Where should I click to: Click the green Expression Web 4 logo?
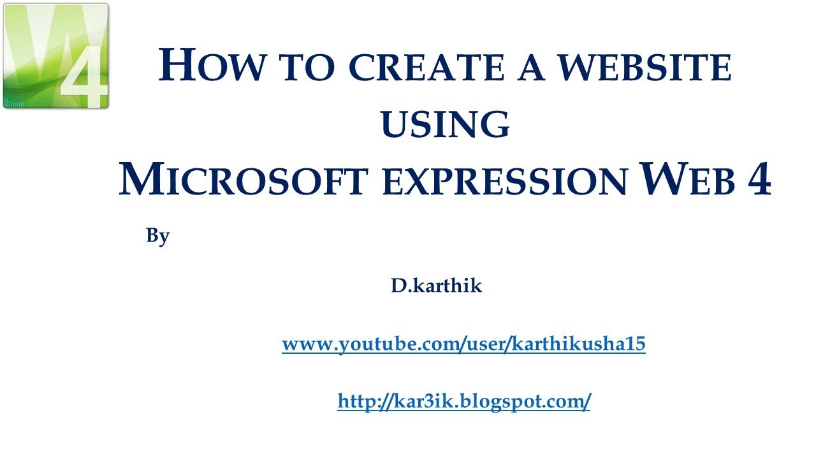coord(55,57)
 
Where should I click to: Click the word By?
coord(157,236)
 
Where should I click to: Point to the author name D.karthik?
coord(437,286)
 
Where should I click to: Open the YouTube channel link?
coord(463,345)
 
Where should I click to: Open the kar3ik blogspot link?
coord(463,402)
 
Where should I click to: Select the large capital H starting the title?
coord(175,66)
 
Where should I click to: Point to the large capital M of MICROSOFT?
coord(140,180)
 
